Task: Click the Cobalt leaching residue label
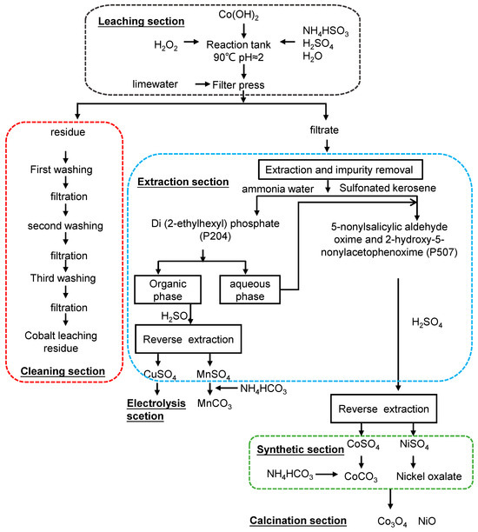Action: (67, 342)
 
